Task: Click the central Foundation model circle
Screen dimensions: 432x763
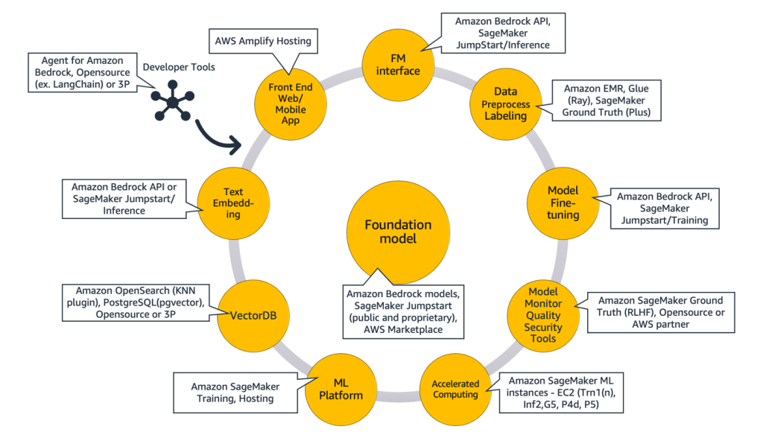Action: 398,232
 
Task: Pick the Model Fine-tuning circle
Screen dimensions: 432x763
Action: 563,204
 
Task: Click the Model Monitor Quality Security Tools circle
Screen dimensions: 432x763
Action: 542,313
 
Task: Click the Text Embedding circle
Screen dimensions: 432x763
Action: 232,203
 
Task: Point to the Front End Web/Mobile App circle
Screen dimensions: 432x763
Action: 290,104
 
